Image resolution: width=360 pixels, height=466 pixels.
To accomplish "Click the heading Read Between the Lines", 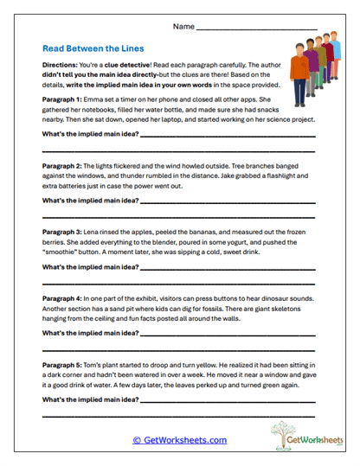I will coord(93,49).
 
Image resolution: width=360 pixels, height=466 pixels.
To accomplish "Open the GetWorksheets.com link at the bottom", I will coord(179,440).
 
